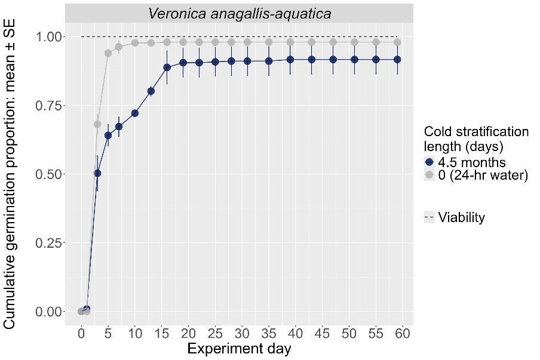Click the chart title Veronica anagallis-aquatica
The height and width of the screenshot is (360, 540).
[x=239, y=14]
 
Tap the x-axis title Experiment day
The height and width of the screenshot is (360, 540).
[x=239, y=348]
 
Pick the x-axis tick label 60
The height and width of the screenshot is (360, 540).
[x=402, y=333]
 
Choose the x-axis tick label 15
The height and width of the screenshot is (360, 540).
[x=161, y=333]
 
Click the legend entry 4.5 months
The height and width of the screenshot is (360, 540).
[x=472, y=162]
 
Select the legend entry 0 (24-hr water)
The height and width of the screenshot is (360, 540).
[x=483, y=175]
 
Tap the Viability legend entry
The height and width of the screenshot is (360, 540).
[x=461, y=217]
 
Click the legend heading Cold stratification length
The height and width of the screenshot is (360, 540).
[x=476, y=139]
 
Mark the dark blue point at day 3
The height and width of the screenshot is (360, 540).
[x=97, y=173]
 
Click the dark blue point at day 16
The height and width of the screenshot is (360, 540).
[x=167, y=67]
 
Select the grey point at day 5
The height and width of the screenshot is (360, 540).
[x=108, y=53]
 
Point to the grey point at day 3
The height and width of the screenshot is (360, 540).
[x=97, y=124]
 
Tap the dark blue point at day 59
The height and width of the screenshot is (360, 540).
[x=397, y=60]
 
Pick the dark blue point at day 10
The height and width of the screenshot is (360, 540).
[x=135, y=113]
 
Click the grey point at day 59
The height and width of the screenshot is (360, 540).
[x=397, y=42]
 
